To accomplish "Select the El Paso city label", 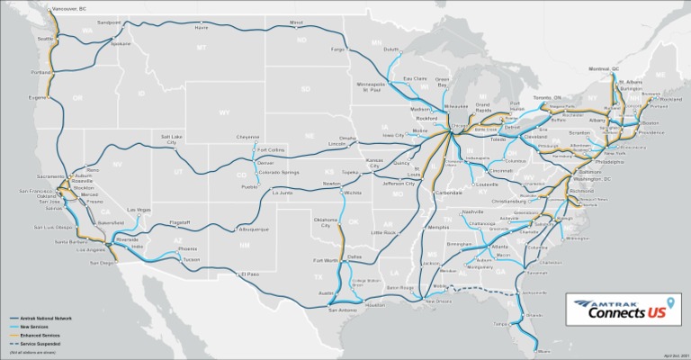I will [248, 273].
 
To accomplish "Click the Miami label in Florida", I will [543, 351].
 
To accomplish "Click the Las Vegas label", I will [138, 210].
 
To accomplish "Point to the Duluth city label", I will [390, 49].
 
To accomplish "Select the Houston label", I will [375, 305].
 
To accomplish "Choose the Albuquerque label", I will [254, 229].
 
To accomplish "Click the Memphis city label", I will [438, 228].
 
